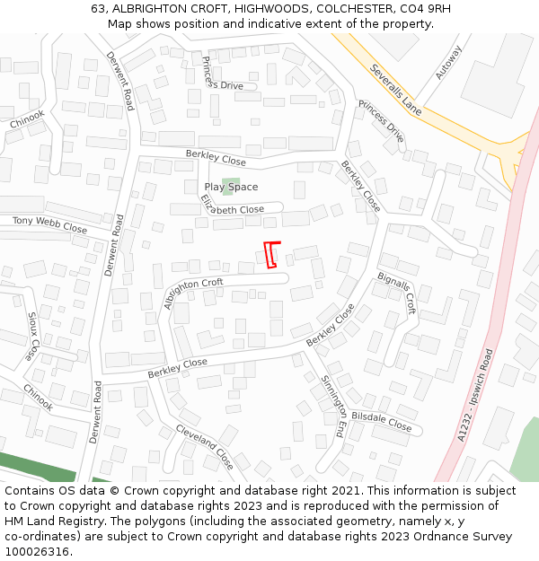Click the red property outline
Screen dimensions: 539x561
click(271, 254)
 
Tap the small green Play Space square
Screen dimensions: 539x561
click(229, 187)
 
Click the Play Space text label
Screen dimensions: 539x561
click(231, 187)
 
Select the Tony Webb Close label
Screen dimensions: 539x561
click(49, 224)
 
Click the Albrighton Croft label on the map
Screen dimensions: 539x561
click(192, 293)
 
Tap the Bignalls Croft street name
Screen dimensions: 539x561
click(397, 293)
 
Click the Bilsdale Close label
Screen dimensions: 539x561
click(382, 423)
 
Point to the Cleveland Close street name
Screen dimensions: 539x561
click(204, 446)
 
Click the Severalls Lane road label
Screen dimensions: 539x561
click(395, 90)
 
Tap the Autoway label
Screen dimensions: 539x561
click(447, 62)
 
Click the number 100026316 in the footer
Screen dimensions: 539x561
click(36, 552)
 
